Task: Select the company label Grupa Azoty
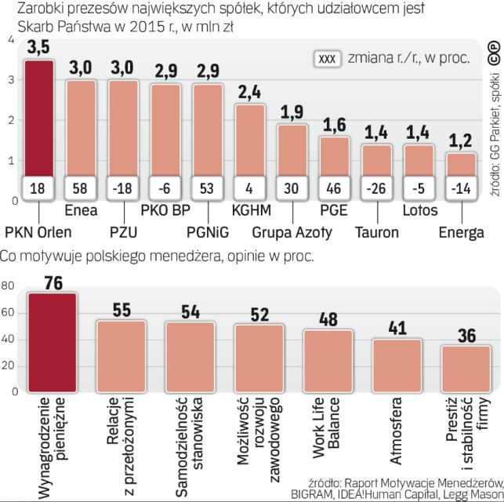click(292, 231)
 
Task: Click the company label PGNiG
click(209, 231)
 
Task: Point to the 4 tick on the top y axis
click(9, 39)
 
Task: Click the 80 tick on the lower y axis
click(8, 287)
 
